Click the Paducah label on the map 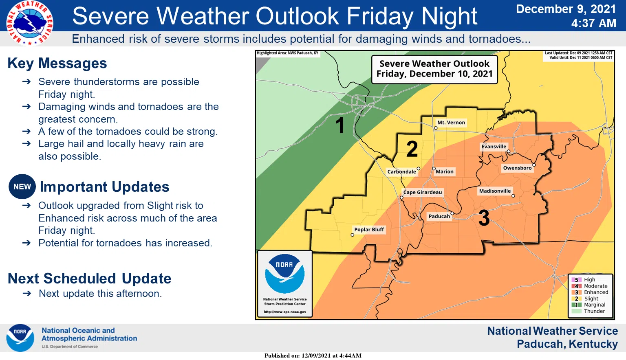click(x=439, y=216)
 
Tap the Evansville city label click(x=494, y=147)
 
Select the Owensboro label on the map click(x=517, y=168)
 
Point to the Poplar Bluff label click(x=369, y=230)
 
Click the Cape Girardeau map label click(x=422, y=192)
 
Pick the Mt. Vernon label click(x=451, y=123)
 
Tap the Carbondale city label click(x=401, y=172)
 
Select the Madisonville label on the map click(x=495, y=191)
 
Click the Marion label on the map click(x=444, y=172)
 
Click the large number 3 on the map click(x=484, y=218)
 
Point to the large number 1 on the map click(x=339, y=125)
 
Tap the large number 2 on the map click(x=412, y=149)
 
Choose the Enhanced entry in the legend click(x=596, y=292)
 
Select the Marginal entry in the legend click(x=594, y=305)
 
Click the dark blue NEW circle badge click(x=22, y=187)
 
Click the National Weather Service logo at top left click(x=29, y=23)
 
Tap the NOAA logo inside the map click(x=284, y=273)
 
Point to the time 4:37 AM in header click(x=593, y=24)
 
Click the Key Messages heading click(x=57, y=64)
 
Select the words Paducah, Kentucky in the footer click(x=567, y=344)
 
